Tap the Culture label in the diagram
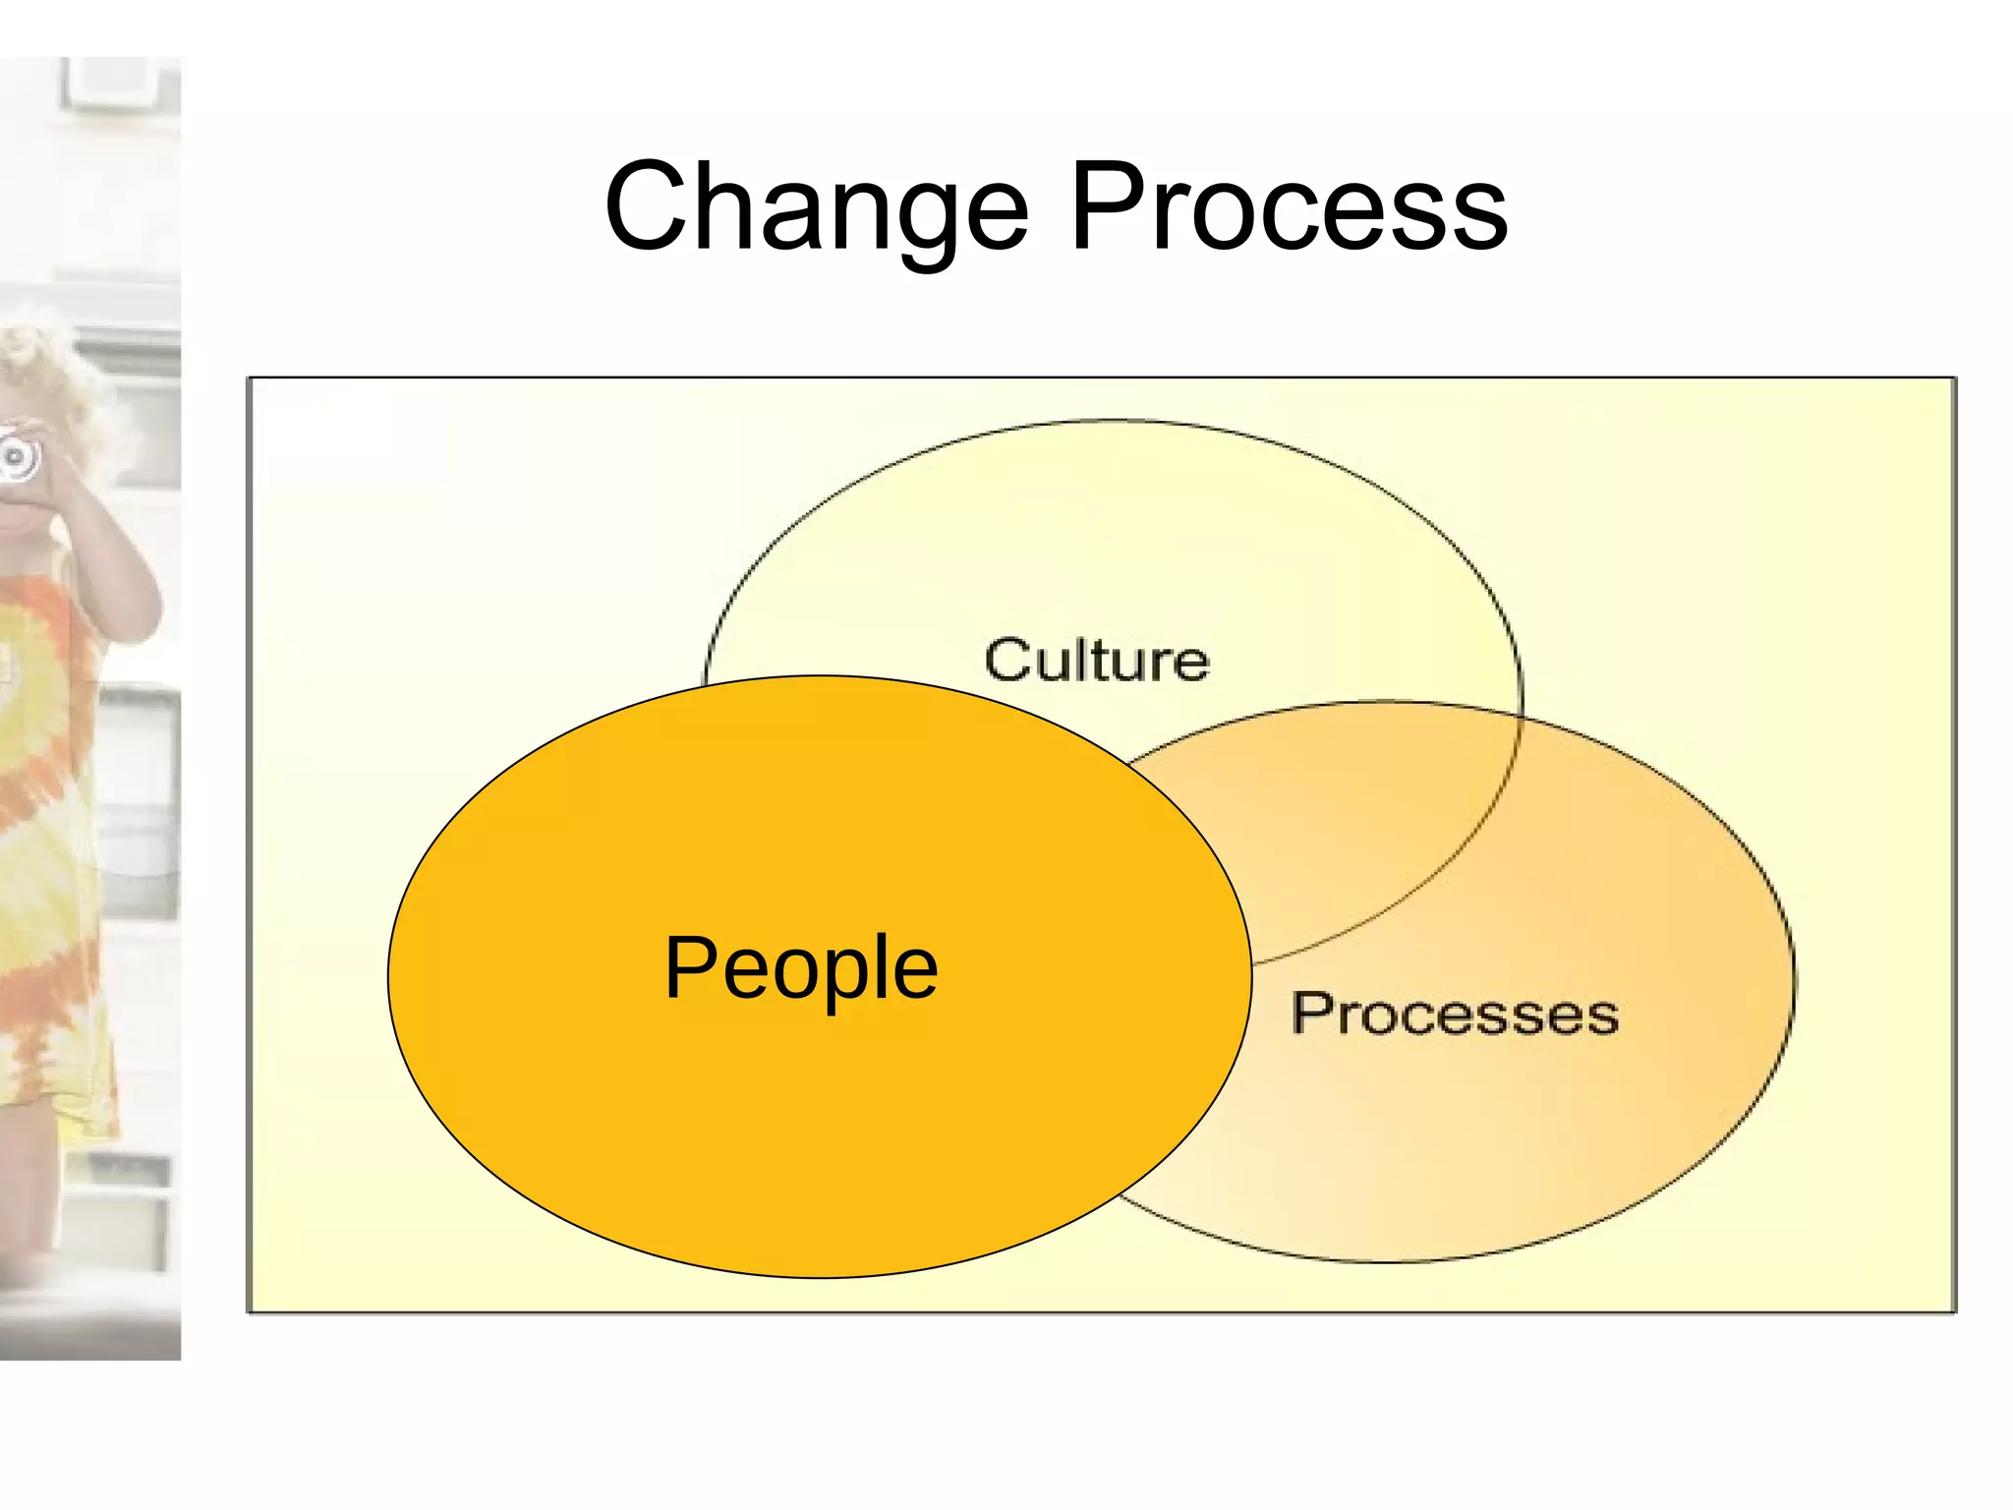point(1096,660)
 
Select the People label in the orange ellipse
point(801,968)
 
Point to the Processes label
point(1455,1014)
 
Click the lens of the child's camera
point(16,455)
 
